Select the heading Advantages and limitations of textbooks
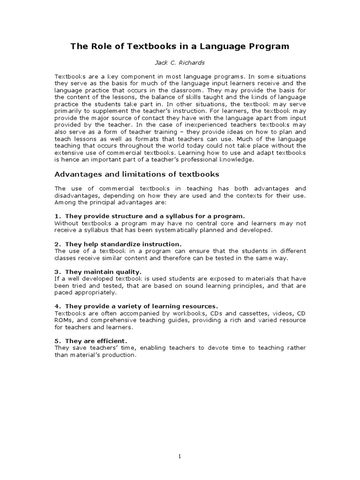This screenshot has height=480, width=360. tap(137, 174)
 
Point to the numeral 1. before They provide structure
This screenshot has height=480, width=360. tap(58, 216)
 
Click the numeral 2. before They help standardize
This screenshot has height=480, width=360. tap(58, 244)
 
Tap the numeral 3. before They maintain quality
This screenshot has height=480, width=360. tap(58, 272)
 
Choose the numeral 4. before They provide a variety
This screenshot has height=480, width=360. tap(58, 306)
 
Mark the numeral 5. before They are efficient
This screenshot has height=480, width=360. tap(58, 341)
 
